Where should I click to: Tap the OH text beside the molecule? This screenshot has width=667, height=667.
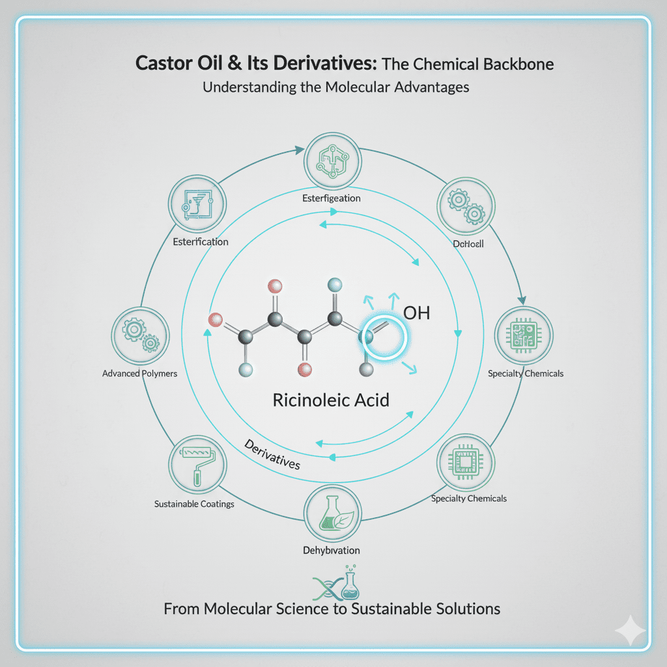tap(417, 313)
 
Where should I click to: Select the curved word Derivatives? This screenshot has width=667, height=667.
tap(272, 455)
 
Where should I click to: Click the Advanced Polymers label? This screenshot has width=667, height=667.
tap(139, 374)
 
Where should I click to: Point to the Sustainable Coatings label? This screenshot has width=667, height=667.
tap(194, 504)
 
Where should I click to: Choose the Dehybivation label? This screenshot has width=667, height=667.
tap(331, 550)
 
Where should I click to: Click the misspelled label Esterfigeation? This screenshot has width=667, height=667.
tap(332, 197)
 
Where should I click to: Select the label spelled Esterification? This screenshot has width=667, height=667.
tap(201, 242)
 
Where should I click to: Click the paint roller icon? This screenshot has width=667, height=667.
tap(197, 464)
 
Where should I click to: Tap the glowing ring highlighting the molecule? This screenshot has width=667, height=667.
tap(384, 338)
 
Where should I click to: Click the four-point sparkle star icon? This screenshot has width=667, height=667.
tap(631, 631)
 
